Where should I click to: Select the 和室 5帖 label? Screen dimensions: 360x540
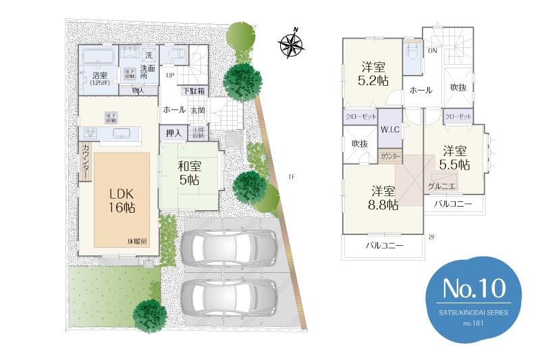point(188,172)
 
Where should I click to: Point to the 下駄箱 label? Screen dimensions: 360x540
point(193,91)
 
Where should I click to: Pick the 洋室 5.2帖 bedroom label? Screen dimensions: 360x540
point(373,73)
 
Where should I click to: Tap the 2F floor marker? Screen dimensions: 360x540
point(432,236)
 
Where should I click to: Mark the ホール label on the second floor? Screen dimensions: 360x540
point(421,90)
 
